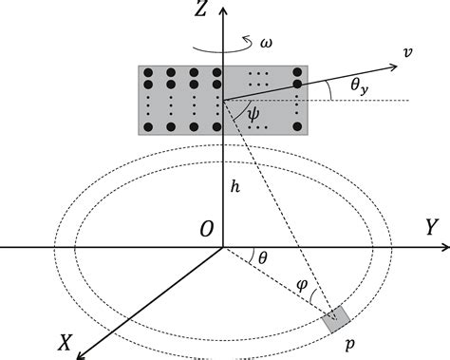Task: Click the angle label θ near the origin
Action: pyautogui.click(x=262, y=256)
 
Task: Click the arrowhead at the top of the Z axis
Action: pyautogui.click(x=223, y=8)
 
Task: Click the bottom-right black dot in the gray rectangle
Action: pyautogui.click(x=300, y=126)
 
